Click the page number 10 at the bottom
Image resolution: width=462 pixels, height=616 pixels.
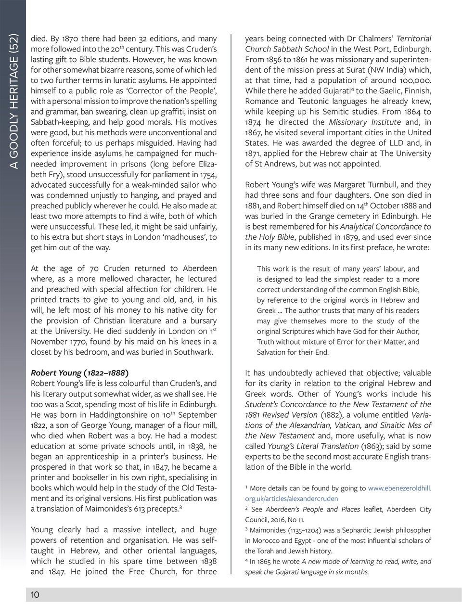(35, 595)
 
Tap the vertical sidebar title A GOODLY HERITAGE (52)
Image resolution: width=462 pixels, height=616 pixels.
(14, 101)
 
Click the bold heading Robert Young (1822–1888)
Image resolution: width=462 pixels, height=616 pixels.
(79, 373)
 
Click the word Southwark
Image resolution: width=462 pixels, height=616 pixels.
(192, 352)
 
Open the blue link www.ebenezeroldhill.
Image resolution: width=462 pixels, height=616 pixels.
(399, 488)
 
